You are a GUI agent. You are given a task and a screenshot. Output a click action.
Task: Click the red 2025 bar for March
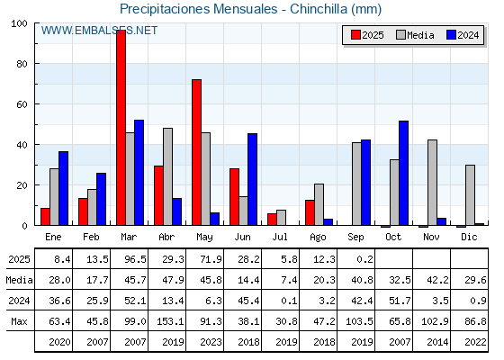pyautogui.click(x=121, y=128)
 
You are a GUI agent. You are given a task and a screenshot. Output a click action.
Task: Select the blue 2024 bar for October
pyautogui.click(x=404, y=173)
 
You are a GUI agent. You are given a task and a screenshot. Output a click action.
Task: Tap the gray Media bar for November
pyautogui.click(x=432, y=183)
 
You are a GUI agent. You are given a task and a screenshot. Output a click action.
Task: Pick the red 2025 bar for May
pyautogui.click(x=197, y=152)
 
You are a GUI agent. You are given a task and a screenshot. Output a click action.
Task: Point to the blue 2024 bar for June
pyautogui.click(x=252, y=179)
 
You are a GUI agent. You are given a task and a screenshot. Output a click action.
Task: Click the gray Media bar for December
pyautogui.click(x=470, y=195)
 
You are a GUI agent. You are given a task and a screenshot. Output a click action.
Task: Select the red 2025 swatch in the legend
pyautogui.click(x=355, y=35)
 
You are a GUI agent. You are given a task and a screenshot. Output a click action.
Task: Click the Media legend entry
pyautogui.click(x=415, y=35)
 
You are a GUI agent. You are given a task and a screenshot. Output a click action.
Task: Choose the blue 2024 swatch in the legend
pyautogui.click(x=451, y=35)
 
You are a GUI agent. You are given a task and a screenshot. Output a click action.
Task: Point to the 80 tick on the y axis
pyautogui.click(x=22, y=64)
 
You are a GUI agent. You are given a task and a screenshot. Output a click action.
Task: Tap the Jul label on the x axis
pyautogui.click(x=280, y=238)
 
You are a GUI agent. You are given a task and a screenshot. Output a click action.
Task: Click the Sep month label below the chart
pyautogui.click(x=355, y=238)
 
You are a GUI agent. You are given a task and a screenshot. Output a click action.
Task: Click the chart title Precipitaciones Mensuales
pyautogui.click(x=198, y=9)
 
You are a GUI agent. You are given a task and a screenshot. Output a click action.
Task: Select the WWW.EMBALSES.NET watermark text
pyautogui.click(x=99, y=31)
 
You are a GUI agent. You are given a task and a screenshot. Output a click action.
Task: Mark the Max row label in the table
pyautogui.click(x=19, y=321)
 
